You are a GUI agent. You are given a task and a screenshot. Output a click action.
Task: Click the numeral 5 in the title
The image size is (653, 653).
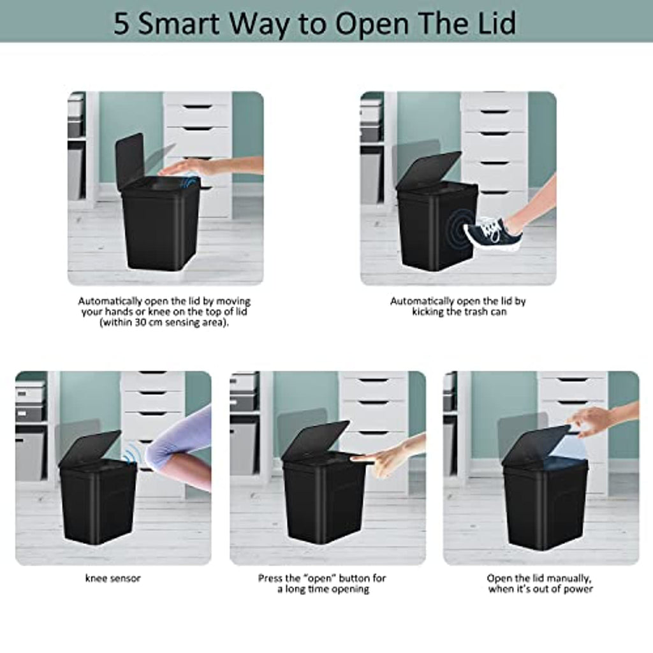click(x=122, y=24)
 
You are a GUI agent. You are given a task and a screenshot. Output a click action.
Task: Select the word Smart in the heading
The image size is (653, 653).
click(x=179, y=24)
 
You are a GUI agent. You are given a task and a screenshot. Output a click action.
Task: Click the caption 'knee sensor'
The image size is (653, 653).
click(x=113, y=578)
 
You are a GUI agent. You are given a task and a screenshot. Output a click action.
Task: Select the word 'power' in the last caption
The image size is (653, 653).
click(x=578, y=589)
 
